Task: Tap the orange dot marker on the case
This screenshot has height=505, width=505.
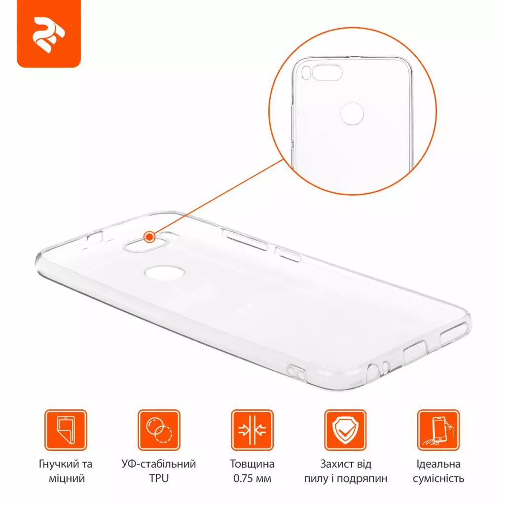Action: click(x=149, y=237)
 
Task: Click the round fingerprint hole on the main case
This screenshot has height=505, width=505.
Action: click(x=161, y=272)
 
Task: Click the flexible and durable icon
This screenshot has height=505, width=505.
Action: click(x=66, y=430)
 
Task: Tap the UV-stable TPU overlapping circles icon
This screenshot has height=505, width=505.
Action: click(x=159, y=430)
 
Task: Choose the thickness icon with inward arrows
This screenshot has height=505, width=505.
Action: click(x=252, y=430)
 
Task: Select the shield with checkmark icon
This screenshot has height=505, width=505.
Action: click(x=345, y=430)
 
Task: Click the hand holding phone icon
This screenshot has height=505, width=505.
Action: click(x=438, y=430)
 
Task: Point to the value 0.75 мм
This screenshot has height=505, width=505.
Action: click(x=252, y=478)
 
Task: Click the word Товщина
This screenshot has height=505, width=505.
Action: click(x=252, y=464)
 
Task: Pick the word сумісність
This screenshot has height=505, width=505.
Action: click(x=438, y=478)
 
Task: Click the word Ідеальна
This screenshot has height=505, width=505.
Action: click(x=438, y=464)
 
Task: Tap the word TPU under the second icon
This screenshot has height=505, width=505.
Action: click(x=159, y=478)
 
